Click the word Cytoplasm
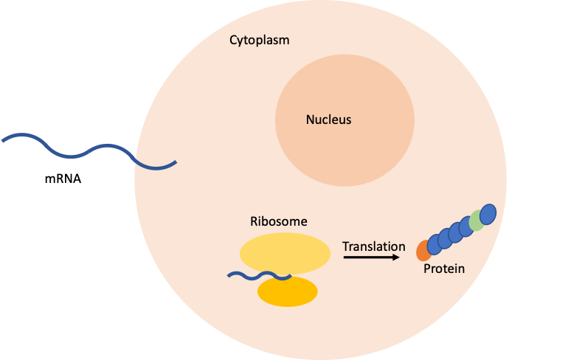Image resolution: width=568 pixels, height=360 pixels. pyautogui.click(x=259, y=40)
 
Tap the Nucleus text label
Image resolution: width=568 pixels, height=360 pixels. pyautogui.click(x=329, y=119)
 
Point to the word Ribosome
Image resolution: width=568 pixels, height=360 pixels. pyautogui.click(x=279, y=221)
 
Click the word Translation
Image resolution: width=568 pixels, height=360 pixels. pyautogui.click(x=374, y=246)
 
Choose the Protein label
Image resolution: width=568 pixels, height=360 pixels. pyautogui.click(x=444, y=269)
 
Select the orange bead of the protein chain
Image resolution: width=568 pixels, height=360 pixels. pyautogui.click(x=423, y=252)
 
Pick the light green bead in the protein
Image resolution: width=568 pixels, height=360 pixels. pyautogui.click(x=477, y=220)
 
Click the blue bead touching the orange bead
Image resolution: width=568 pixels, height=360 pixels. pyautogui.click(x=434, y=245)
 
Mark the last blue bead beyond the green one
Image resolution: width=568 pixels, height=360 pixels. pyautogui.click(x=488, y=213)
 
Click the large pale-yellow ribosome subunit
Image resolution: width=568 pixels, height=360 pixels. pyautogui.click(x=285, y=253)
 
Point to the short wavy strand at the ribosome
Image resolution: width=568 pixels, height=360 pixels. pyautogui.click(x=254, y=277)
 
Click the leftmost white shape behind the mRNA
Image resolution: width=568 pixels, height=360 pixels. pyautogui.click(x=22, y=153)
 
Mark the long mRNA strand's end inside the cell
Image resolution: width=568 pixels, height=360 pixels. pyautogui.click(x=175, y=162)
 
